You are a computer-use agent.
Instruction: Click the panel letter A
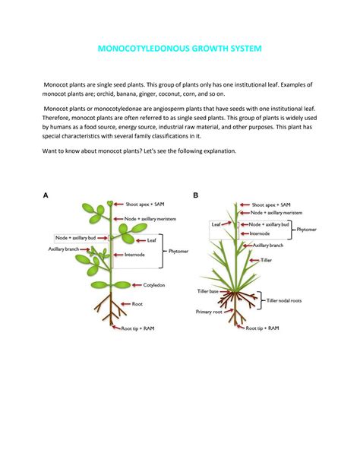[x=46, y=195]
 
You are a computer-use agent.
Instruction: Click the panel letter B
[x=195, y=195]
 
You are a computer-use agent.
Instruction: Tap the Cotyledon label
[x=154, y=285]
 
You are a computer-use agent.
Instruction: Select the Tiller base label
[x=207, y=291]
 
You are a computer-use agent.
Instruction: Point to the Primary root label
[x=209, y=312]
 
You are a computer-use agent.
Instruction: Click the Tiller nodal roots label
[x=283, y=300]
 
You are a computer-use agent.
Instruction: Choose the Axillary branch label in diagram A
[x=64, y=249]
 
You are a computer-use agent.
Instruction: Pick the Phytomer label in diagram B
[x=307, y=230]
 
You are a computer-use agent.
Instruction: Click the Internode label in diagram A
[x=134, y=255]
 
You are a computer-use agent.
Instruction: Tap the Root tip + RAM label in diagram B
[x=262, y=328]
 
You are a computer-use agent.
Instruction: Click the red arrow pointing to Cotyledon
[x=137, y=285]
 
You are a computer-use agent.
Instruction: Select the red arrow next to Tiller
[x=254, y=260]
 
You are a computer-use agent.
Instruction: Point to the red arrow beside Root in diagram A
[x=125, y=304]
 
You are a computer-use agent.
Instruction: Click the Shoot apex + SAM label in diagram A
[x=145, y=204]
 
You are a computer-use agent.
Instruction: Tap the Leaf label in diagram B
[x=216, y=224]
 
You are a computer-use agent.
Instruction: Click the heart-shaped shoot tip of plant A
[x=110, y=203]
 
